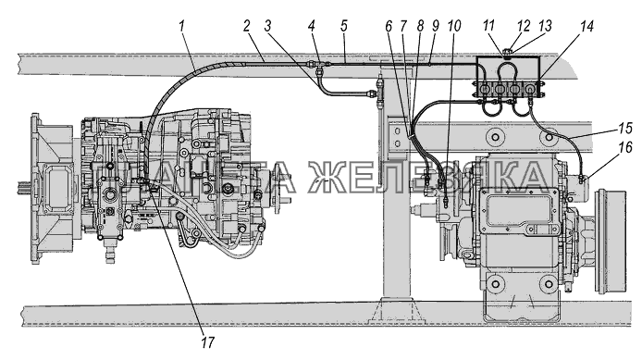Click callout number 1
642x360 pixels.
[x=182, y=27]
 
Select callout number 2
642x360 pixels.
[x=246, y=27]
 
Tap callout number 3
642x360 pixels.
[x=267, y=27]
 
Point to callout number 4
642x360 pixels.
[x=312, y=27]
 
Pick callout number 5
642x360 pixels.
[x=343, y=27]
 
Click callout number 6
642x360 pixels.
[x=389, y=27]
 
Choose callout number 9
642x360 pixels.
[x=435, y=27]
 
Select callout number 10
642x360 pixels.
[x=454, y=27]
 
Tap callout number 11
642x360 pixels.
[x=488, y=27]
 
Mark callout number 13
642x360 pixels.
[x=545, y=27]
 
